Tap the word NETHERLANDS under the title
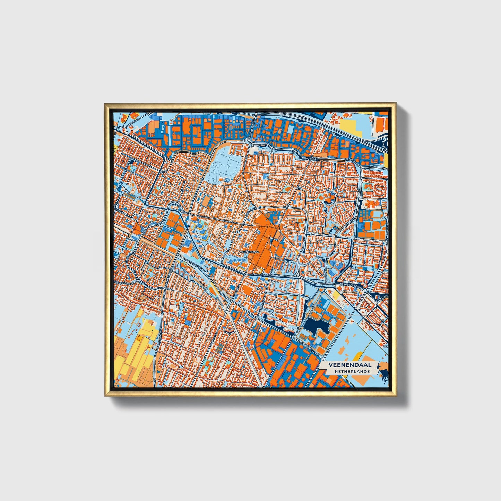352,371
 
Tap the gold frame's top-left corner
105,104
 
